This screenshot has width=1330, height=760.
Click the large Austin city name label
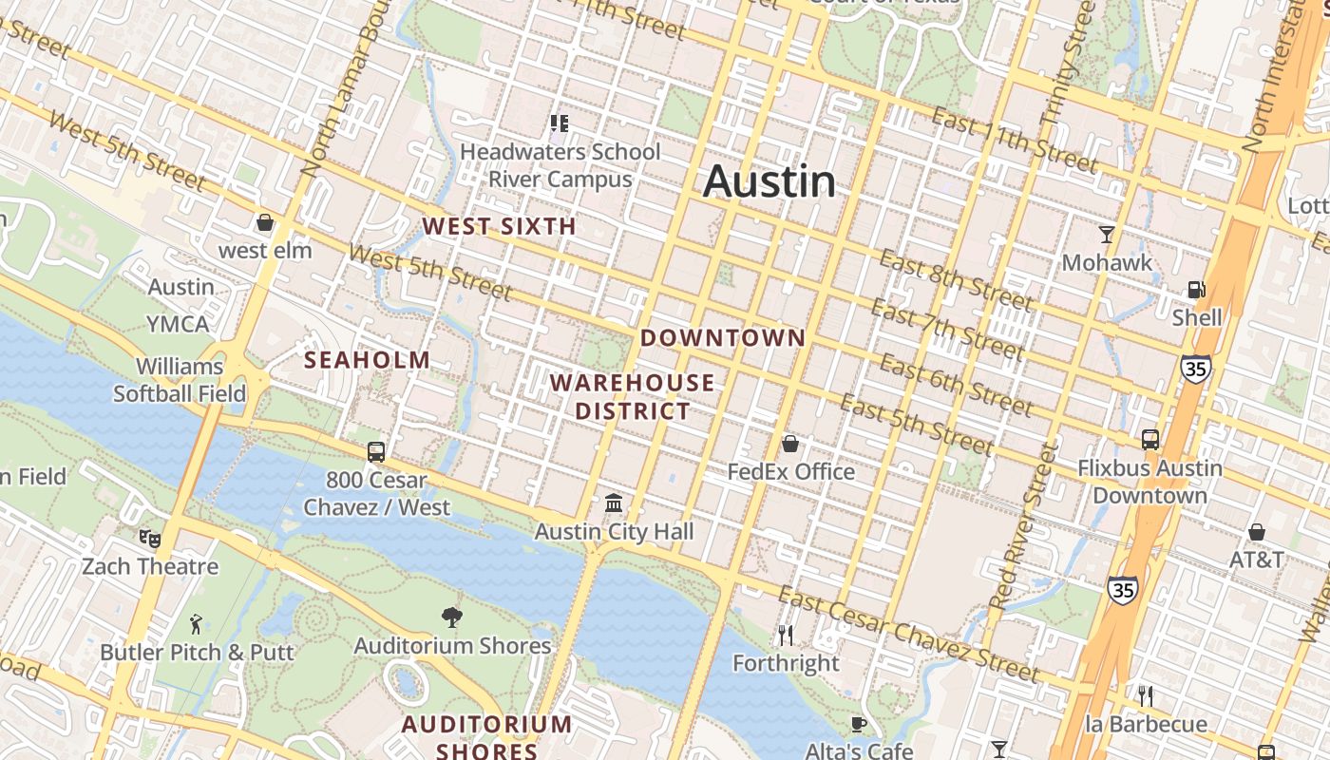pos(769,181)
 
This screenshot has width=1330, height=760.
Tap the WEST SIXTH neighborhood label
pos(499,226)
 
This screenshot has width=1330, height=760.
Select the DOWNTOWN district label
pos(723,337)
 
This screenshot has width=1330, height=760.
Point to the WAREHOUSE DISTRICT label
pos(632,397)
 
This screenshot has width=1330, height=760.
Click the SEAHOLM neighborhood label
pos(367,360)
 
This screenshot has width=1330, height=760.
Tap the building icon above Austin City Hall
pos(614,503)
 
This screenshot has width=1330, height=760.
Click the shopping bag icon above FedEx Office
pos(789,443)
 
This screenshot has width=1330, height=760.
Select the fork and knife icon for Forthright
pos(786,635)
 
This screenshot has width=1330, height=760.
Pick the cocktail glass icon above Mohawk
pos(1106,234)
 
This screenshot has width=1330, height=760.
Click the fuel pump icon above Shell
pos(1196,289)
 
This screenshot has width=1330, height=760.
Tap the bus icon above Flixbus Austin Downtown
pos(1150,439)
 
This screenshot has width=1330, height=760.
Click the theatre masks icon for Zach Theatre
pos(150,539)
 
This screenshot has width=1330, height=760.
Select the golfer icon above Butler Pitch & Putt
pos(196,624)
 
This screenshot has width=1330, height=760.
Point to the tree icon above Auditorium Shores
pos(452,617)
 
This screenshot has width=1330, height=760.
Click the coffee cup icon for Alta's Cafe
pos(859,725)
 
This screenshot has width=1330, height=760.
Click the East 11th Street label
pos(1014,140)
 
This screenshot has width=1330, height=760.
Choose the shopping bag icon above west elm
pos(265,222)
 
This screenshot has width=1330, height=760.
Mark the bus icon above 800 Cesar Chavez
pos(376,451)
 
